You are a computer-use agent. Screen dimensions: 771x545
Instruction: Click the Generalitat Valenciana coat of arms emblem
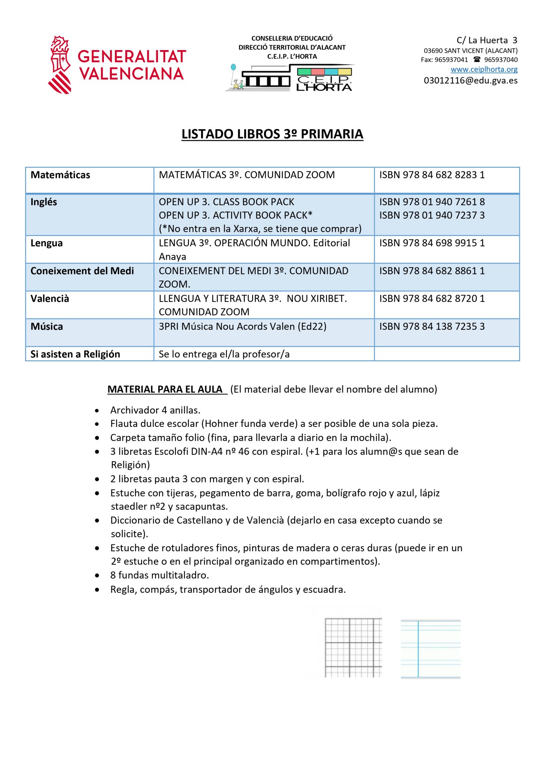60,65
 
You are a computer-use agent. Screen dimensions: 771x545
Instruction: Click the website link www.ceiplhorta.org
484,69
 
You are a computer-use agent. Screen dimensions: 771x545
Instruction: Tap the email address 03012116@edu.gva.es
470,81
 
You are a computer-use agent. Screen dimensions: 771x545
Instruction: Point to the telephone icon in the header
477,59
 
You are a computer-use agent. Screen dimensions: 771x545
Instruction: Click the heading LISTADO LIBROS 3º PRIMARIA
272,134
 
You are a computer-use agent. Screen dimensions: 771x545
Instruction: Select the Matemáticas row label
60,175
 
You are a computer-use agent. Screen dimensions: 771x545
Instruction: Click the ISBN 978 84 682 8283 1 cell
432,175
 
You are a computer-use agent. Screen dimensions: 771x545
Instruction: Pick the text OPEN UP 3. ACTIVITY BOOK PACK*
236,215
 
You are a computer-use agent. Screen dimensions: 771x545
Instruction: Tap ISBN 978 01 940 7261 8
432,202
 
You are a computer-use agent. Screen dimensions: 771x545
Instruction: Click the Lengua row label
47,243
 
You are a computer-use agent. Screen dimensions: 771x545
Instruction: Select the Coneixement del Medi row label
82,271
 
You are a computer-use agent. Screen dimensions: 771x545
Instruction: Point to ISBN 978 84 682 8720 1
432,299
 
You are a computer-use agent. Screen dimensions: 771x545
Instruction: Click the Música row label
47,327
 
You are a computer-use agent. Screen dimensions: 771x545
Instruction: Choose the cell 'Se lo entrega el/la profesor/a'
224,354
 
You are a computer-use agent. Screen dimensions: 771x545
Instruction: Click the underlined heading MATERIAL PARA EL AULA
166,389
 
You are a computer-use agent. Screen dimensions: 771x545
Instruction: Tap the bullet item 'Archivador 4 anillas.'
155,410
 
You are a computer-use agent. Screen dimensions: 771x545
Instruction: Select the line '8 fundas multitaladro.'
160,575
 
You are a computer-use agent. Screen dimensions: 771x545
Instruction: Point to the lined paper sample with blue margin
431,649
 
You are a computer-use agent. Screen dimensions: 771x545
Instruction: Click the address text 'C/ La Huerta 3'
487,40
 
